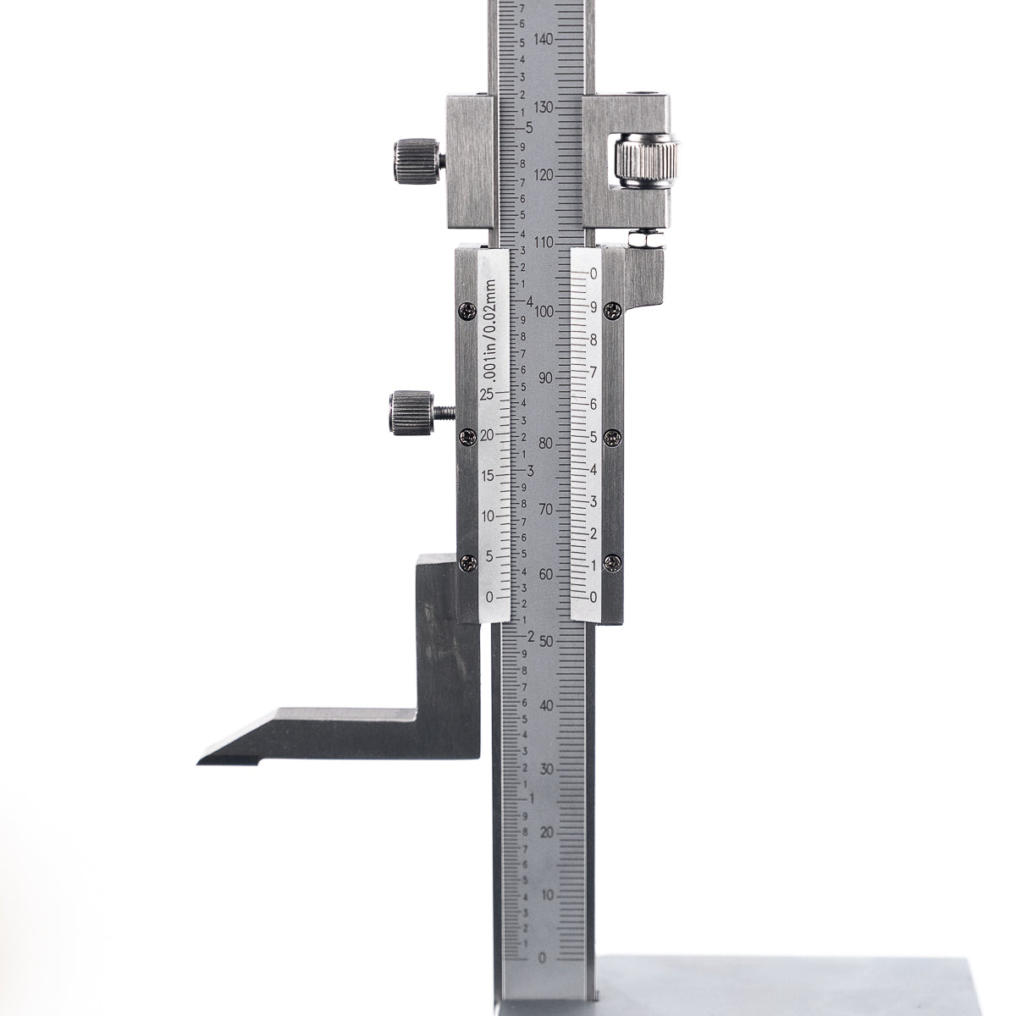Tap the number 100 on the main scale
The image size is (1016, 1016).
pyautogui.click(x=544, y=311)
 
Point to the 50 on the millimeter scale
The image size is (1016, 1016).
pyautogui.click(x=548, y=640)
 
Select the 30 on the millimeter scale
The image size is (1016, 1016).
pyautogui.click(x=548, y=769)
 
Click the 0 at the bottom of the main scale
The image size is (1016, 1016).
pyautogui.click(x=543, y=958)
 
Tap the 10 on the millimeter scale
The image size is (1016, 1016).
pyautogui.click(x=548, y=894)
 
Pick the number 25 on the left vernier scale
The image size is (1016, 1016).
pyautogui.click(x=486, y=395)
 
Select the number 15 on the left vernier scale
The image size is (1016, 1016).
pyautogui.click(x=486, y=476)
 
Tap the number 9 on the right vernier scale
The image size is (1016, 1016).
pyautogui.click(x=594, y=307)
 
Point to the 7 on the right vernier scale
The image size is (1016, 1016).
pyautogui.click(x=594, y=372)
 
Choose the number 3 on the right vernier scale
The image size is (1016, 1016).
pyautogui.click(x=594, y=501)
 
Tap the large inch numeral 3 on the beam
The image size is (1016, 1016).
pyautogui.click(x=530, y=469)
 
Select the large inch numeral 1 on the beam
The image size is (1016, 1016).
pyautogui.click(x=530, y=798)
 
